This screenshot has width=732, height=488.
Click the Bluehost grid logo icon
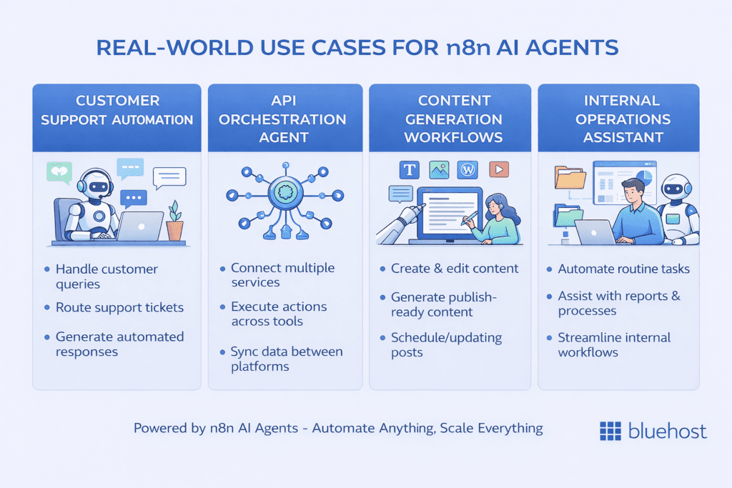(x=610, y=431)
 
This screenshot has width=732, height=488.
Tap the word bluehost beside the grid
(x=667, y=431)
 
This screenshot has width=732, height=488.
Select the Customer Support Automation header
(x=117, y=110)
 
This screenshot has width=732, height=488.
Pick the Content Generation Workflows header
(x=450, y=119)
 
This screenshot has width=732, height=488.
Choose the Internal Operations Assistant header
(x=618, y=119)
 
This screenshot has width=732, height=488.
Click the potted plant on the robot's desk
(x=174, y=222)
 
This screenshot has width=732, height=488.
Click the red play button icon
(x=498, y=169)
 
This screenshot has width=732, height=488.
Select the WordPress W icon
(x=469, y=169)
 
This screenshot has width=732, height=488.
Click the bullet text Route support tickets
(x=119, y=308)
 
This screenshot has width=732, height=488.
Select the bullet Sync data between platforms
(x=286, y=359)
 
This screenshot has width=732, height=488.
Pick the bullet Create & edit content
(x=455, y=269)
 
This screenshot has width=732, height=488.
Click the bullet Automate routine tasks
(x=623, y=269)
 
